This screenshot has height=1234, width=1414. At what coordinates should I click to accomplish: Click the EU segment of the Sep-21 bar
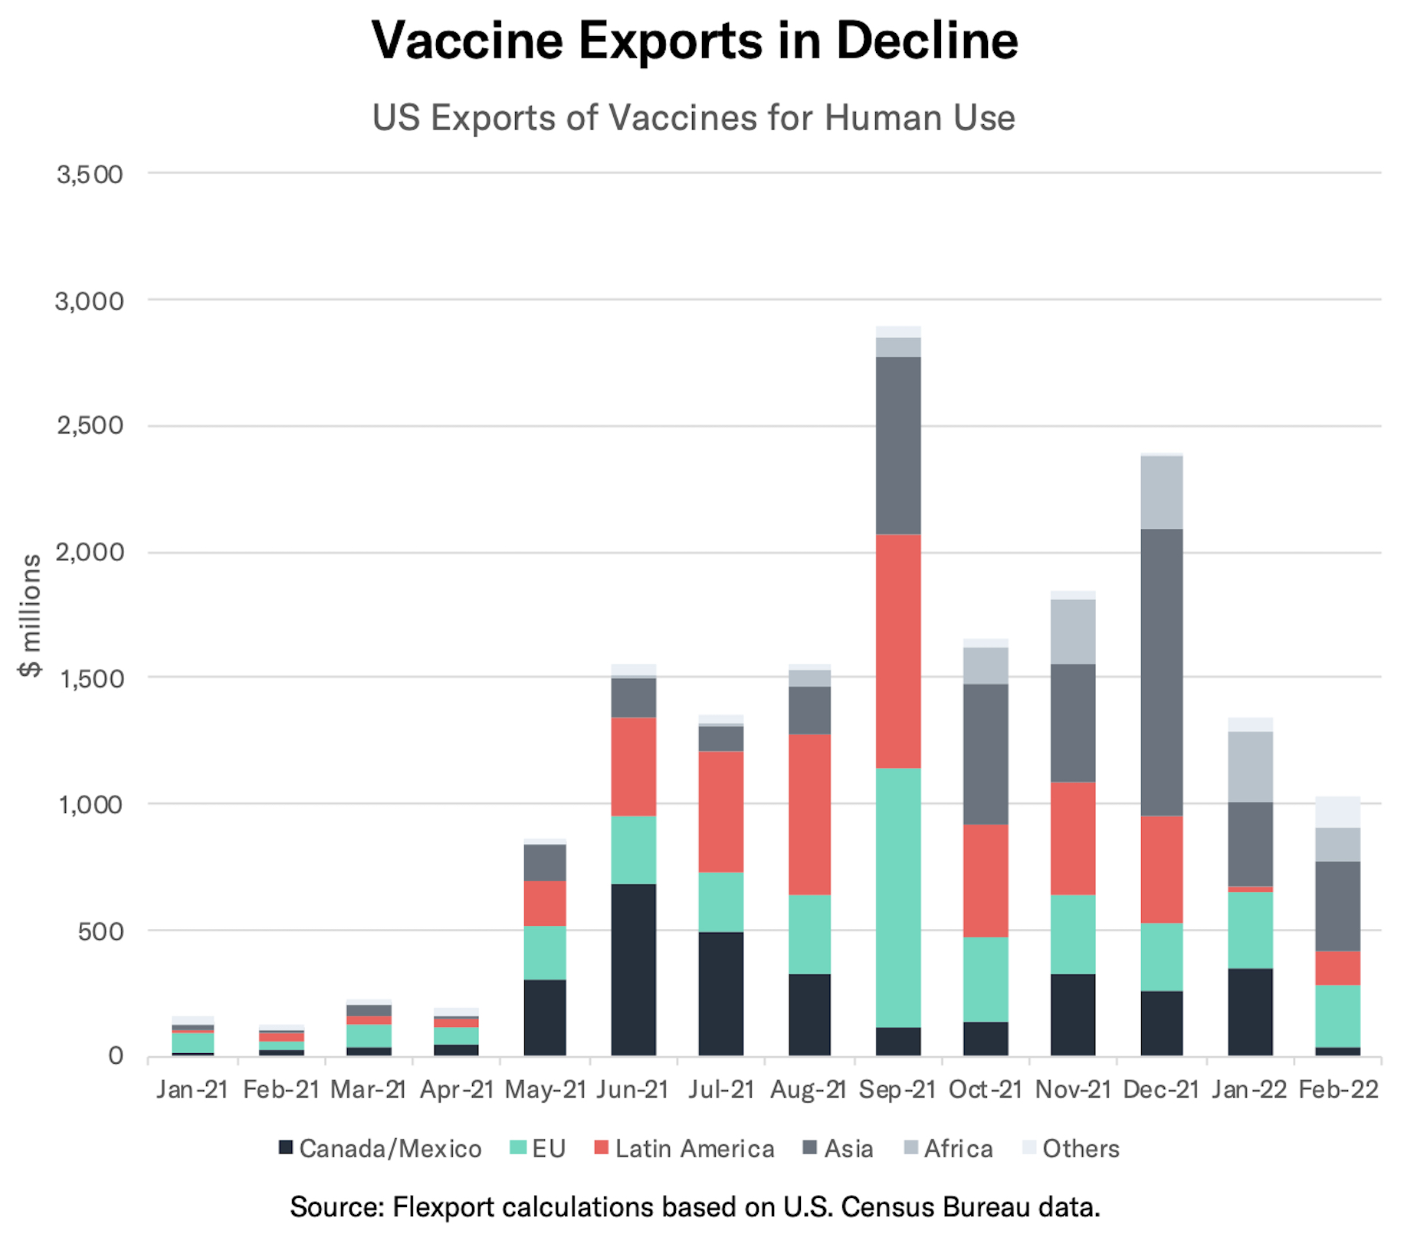(x=898, y=897)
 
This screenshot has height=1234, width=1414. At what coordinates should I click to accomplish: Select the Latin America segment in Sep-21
(x=898, y=651)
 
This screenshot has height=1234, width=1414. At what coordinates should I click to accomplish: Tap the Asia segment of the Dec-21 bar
(x=1161, y=671)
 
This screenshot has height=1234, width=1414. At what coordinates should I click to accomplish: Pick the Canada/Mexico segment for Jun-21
(x=633, y=970)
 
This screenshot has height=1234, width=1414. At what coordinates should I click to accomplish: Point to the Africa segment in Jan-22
(x=1250, y=766)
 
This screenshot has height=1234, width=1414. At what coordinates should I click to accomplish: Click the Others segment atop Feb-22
(x=1337, y=812)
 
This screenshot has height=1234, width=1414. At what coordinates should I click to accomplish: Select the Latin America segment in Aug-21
(x=809, y=814)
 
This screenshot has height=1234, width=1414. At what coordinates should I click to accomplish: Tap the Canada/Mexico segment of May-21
(x=545, y=1017)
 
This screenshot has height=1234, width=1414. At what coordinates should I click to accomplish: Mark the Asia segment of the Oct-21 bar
(x=986, y=753)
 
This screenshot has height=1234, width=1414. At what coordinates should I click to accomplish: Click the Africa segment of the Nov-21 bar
(x=1073, y=632)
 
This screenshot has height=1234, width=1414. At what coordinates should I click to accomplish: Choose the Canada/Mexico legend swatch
(x=286, y=1147)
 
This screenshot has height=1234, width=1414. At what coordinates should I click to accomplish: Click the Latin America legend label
(x=694, y=1148)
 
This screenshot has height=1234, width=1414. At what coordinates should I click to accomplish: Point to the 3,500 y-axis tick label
(x=90, y=174)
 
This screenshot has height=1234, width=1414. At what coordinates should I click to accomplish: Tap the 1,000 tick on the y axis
(x=90, y=804)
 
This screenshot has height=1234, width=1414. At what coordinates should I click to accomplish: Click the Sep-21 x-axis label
(x=897, y=1089)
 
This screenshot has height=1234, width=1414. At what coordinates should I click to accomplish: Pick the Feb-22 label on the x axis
(x=1338, y=1089)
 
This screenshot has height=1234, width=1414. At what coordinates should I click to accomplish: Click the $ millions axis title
(x=31, y=615)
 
